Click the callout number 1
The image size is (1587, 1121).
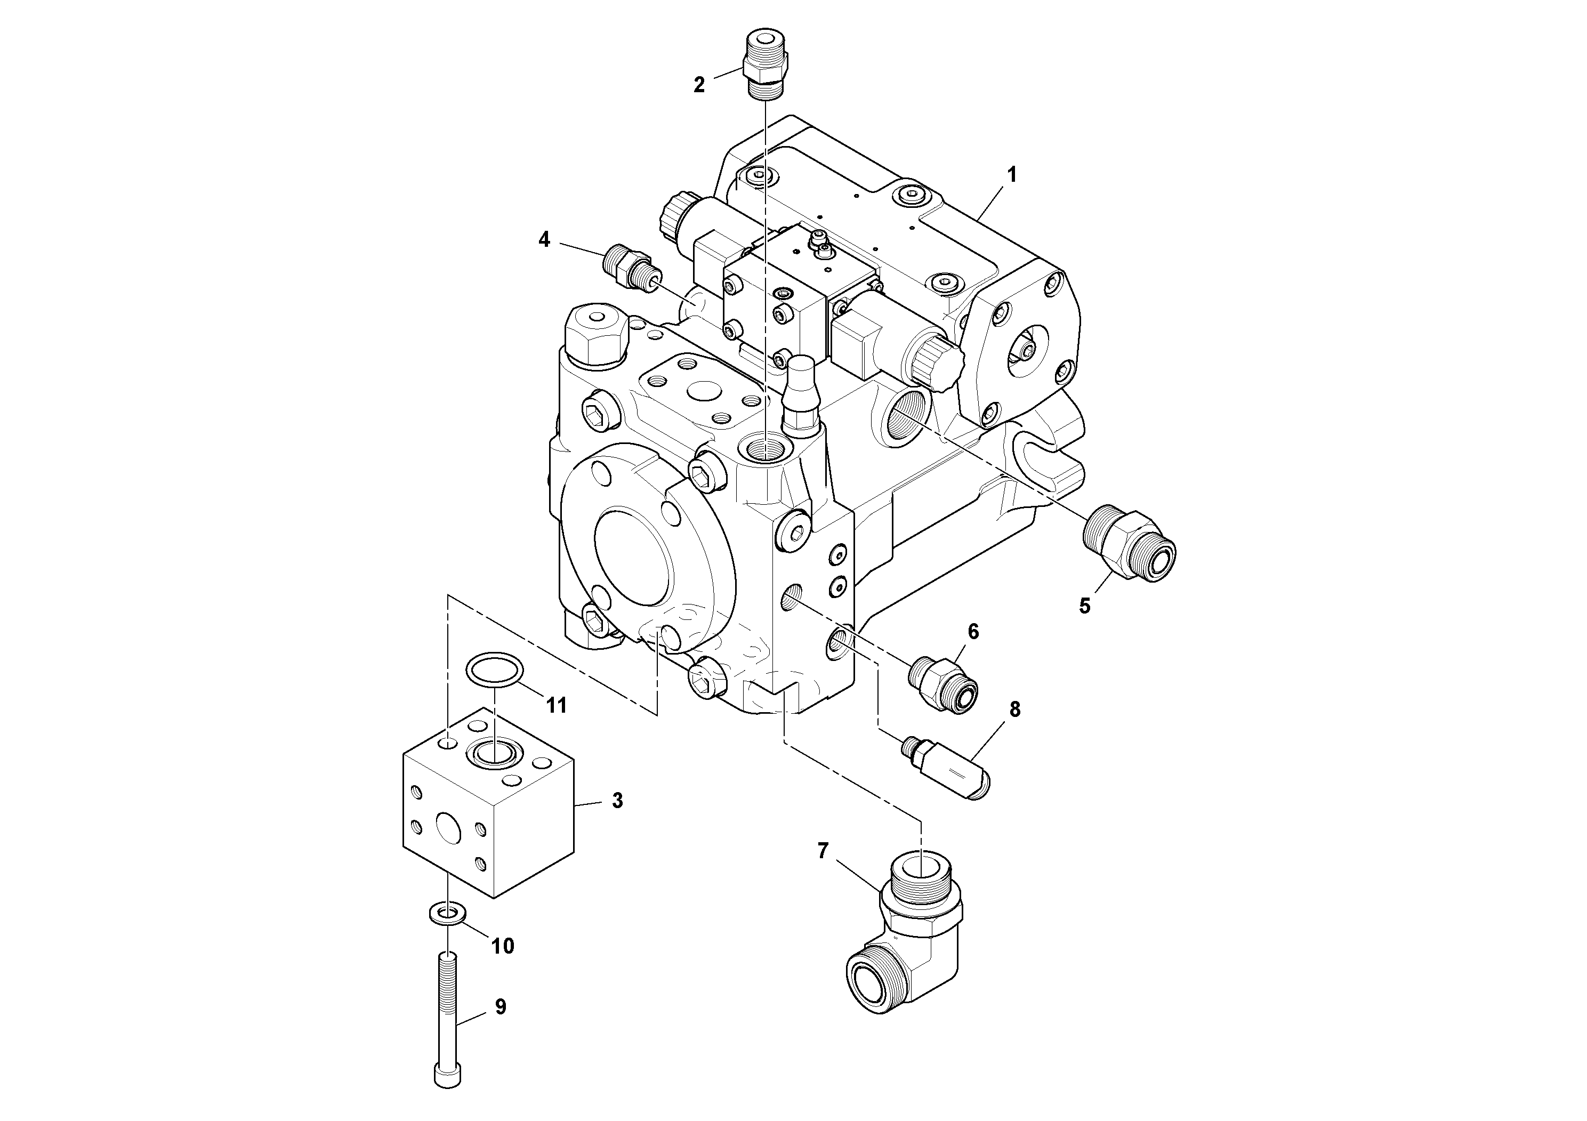(1011, 175)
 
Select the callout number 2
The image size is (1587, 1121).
(699, 85)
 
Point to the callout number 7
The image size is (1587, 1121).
(823, 851)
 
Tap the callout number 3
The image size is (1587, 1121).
(617, 801)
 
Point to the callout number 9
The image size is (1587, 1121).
(501, 1007)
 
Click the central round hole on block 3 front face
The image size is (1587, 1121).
(448, 827)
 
